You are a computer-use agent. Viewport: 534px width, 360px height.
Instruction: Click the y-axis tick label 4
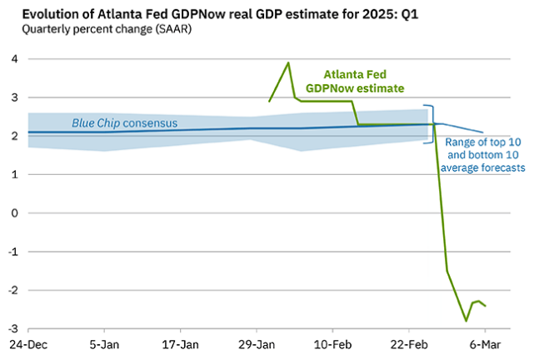coord(13,59)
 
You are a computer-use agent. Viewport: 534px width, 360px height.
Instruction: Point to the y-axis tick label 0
coord(13,213)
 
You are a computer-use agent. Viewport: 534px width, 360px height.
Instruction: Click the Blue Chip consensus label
coord(124,123)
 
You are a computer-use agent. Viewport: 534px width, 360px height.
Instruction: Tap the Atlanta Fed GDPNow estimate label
coord(360,80)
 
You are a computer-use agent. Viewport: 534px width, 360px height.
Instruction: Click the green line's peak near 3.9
coord(288,62)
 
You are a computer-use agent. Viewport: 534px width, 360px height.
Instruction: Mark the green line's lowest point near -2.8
coord(467,321)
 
